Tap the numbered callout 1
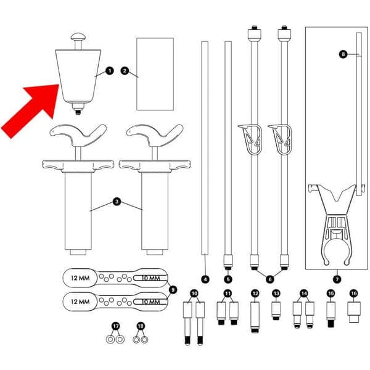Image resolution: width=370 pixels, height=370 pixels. click(x=109, y=72)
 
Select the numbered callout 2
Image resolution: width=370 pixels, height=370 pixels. click(x=124, y=72)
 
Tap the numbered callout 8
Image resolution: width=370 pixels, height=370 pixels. click(x=343, y=54)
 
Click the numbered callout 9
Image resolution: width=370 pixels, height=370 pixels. click(x=173, y=289)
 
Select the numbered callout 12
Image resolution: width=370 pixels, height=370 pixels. click(x=254, y=293)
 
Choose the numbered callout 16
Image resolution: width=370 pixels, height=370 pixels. click(x=353, y=293)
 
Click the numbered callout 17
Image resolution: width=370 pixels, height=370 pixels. click(x=115, y=325)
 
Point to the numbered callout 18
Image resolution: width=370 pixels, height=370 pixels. click(x=140, y=325)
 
